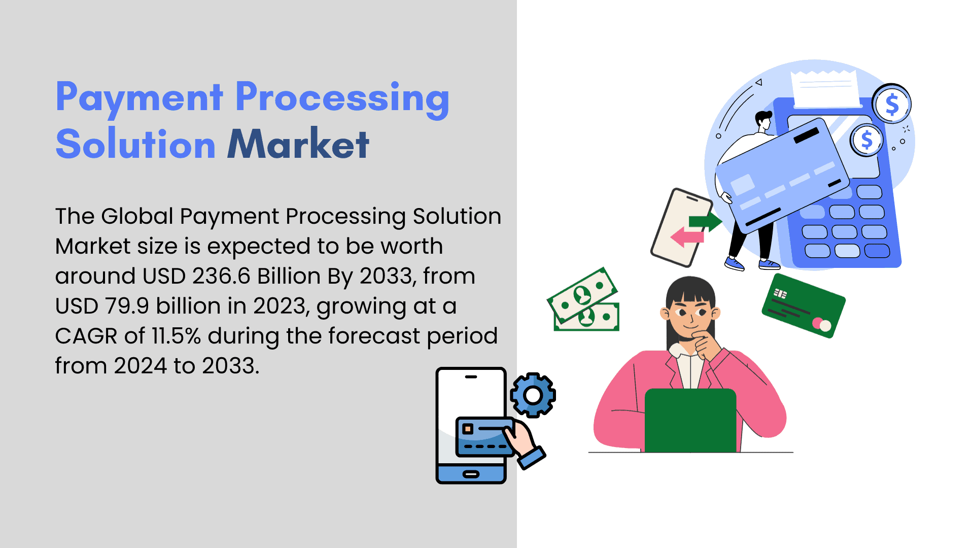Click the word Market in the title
[298, 144]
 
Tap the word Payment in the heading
[140, 98]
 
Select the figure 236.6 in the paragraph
[221, 276]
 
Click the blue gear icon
[533, 395]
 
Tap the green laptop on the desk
[690, 420]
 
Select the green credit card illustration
[804, 305]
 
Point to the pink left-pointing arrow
[687, 236]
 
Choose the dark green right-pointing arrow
[705, 221]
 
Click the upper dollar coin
[892, 104]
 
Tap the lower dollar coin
[867, 140]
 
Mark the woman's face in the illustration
[689, 315]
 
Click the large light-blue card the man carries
[782, 175]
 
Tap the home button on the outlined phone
[471, 474]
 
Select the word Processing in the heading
[342, 98]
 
